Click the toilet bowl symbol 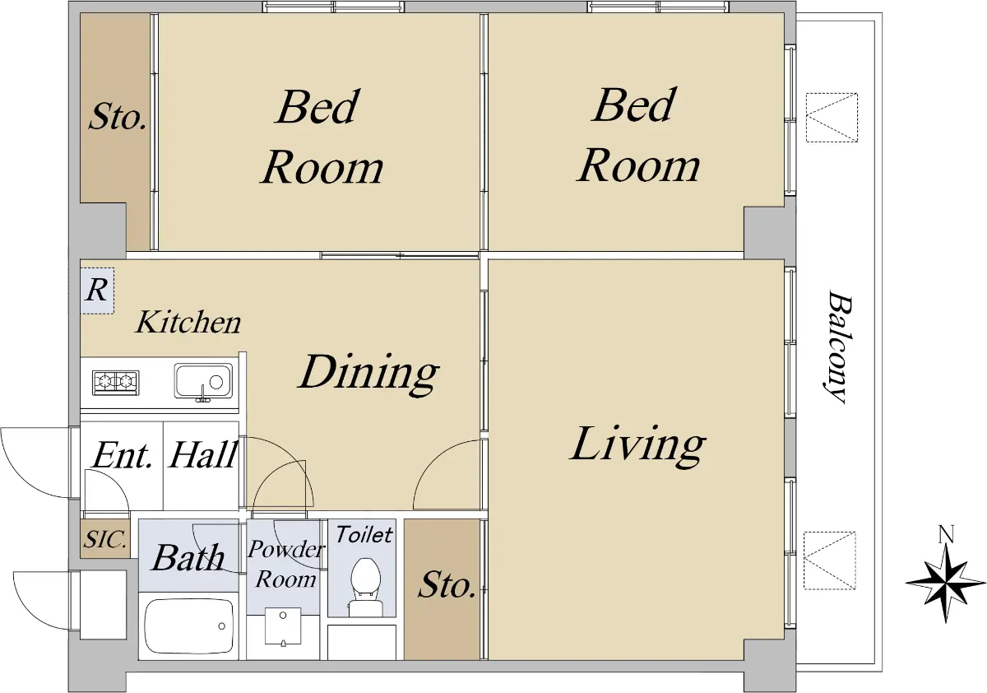point(365,587)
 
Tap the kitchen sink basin point(203,381)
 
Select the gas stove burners point(115,382)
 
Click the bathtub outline point(188,626)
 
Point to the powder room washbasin point(283,626)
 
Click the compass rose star point(946,583)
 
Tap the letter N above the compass point(947,534)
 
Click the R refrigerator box point(97,291)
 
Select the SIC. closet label point(105,539)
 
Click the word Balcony point(836,346)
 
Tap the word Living point(637,445)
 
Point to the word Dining point(368,374)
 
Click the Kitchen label point(188,323)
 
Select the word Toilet point(364,535)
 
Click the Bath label point(188,558)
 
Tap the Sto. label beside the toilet point(447,585)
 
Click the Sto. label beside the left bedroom point(117,116)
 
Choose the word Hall point(203,454)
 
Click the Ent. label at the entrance point(123,454)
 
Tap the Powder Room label point(286,565)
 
